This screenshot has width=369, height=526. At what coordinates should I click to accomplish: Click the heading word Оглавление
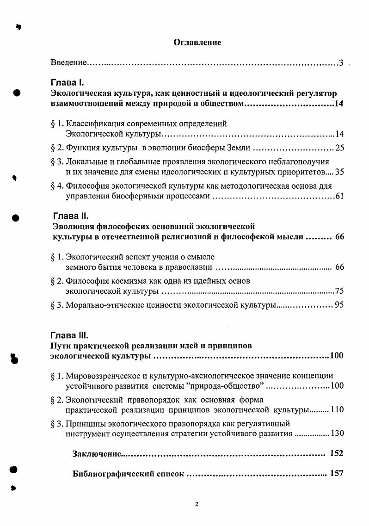tap(197, 43)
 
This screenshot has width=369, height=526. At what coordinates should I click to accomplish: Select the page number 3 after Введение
tap(341, 62)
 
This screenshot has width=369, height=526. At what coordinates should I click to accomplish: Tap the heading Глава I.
tap(67, 83)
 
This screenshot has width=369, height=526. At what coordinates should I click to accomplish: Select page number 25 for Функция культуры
tap(339, 148)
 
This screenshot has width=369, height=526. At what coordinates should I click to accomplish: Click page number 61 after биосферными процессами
tap(339, 197)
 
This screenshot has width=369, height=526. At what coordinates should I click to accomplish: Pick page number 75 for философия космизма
tap(339, 291)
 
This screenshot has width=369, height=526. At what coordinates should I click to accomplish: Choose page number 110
tap(337, 410)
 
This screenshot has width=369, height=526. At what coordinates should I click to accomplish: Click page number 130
tap(337, 433)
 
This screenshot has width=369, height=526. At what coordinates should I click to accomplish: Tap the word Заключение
tap(95, 453)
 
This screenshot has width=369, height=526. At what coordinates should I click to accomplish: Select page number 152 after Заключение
tap(337, 453)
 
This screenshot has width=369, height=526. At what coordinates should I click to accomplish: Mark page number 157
tap(337, 474)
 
